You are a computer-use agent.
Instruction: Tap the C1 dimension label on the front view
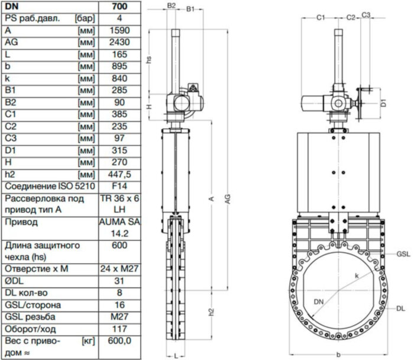point(320,18)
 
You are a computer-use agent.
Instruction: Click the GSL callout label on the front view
point(403,253)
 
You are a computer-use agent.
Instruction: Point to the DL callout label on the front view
point(400,308)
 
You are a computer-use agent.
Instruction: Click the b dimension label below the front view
point(337,355)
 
